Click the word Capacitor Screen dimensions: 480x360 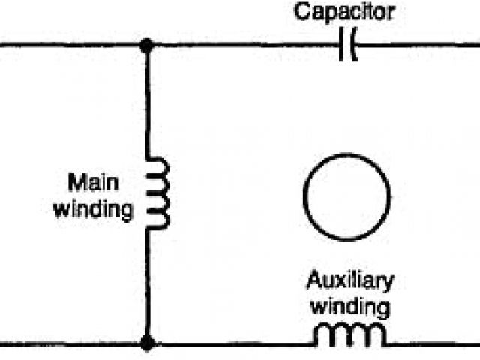(x=344, y=12)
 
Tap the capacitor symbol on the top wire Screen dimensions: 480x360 (x=348, y=47)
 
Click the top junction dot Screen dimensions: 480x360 (x=147, y=46)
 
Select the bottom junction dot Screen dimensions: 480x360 (x=147, y=344)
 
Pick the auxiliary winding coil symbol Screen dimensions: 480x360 (x=350, y=336)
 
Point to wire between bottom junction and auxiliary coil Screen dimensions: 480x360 (x=232, y=345)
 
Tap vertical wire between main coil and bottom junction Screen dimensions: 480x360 (x=147, y=285)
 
